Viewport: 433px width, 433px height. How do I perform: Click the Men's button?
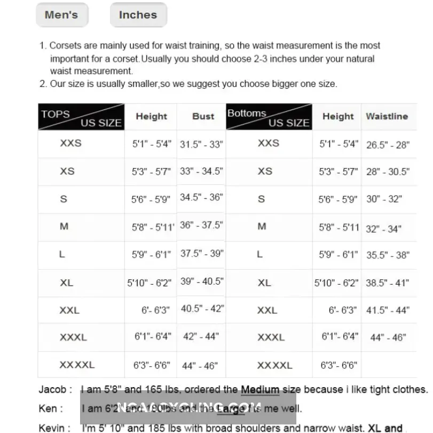pos(61,15)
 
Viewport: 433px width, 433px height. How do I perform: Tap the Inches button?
pos(138,15)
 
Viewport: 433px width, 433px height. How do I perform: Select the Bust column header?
pos(203,116)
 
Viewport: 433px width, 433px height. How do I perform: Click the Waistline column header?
pos(387,116)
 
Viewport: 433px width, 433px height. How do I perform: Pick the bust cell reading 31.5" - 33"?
pos(201,144)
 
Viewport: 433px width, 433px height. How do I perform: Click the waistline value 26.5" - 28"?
pos(388,145)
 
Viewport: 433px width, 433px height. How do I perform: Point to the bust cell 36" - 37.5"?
pos(201,225)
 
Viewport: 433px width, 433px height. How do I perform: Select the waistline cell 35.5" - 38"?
pos(388,255)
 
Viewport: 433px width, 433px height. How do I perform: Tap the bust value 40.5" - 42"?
pos(202,309)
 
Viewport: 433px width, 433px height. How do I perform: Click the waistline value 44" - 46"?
pos(388,337)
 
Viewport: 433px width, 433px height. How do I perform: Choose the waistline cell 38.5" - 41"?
pos(388,283)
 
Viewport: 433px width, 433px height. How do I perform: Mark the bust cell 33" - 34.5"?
pos(201,172)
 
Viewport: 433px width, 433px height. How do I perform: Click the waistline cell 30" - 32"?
pos(384,199)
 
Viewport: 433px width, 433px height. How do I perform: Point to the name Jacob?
pos(52,390)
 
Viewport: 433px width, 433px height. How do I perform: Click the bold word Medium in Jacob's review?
pos(260,390)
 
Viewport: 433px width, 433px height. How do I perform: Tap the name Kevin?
pos(51,428)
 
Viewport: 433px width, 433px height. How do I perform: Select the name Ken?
pos(48,409)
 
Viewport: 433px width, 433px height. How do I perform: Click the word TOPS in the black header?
pos(56,114)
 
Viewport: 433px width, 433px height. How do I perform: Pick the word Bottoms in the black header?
pos(247,113)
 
